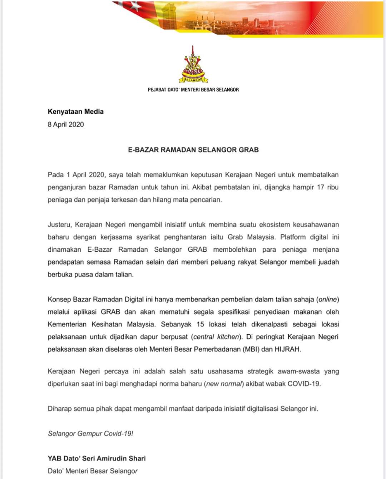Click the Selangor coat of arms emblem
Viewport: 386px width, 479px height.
coord(193,65)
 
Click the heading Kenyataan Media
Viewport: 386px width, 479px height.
coord(75,112)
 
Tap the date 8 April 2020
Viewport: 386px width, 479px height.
coord(66,124)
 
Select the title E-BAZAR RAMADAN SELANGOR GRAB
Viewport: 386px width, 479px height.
coord(193,150)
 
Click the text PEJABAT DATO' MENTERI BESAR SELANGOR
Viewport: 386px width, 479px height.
coord(193,90)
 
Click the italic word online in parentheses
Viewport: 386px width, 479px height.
coord(327,300)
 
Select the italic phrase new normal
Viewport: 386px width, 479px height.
coord(224,384)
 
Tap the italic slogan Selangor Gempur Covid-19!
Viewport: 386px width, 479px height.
coord(90,434)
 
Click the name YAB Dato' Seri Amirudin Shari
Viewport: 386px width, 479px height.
coord(96,458)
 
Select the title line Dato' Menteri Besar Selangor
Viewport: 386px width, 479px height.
coord(93,471)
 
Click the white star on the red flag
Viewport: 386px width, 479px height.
coord(135,5)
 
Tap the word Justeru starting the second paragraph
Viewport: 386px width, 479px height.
coord(60,225)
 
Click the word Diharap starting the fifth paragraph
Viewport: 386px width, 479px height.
coord(60,409)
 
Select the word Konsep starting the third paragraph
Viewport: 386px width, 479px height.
coord(59,300)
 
